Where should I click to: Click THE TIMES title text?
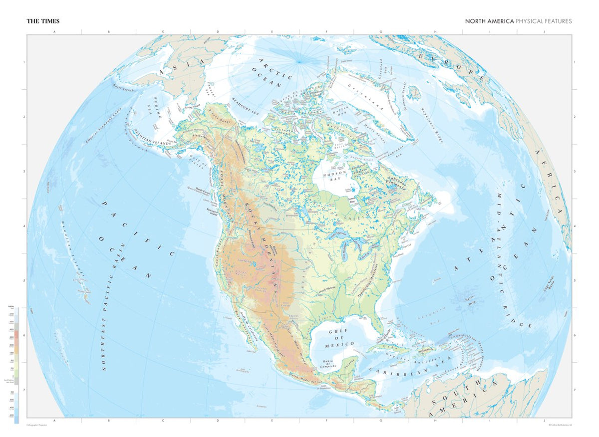[x=43, y=21]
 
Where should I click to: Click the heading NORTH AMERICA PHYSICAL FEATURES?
[x=518, y=21]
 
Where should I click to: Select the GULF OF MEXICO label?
[x=340, y=338]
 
